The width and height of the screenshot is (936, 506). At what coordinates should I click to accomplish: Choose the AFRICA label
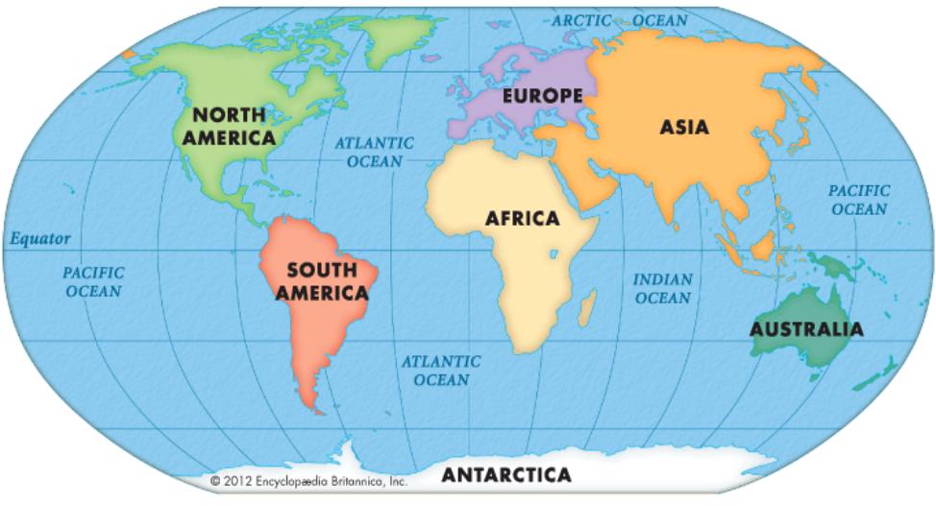[522, 219]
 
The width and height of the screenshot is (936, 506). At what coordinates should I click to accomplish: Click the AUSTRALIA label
[806, 329]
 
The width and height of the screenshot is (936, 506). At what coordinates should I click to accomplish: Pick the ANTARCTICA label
[505, 474]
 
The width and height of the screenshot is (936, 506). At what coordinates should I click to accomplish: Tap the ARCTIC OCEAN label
[620, 19]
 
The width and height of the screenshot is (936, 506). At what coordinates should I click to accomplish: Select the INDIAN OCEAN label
[662, 288]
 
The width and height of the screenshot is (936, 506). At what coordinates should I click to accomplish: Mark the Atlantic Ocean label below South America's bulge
[440, 370]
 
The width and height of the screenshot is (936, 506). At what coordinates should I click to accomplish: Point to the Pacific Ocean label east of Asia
[859, 200]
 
